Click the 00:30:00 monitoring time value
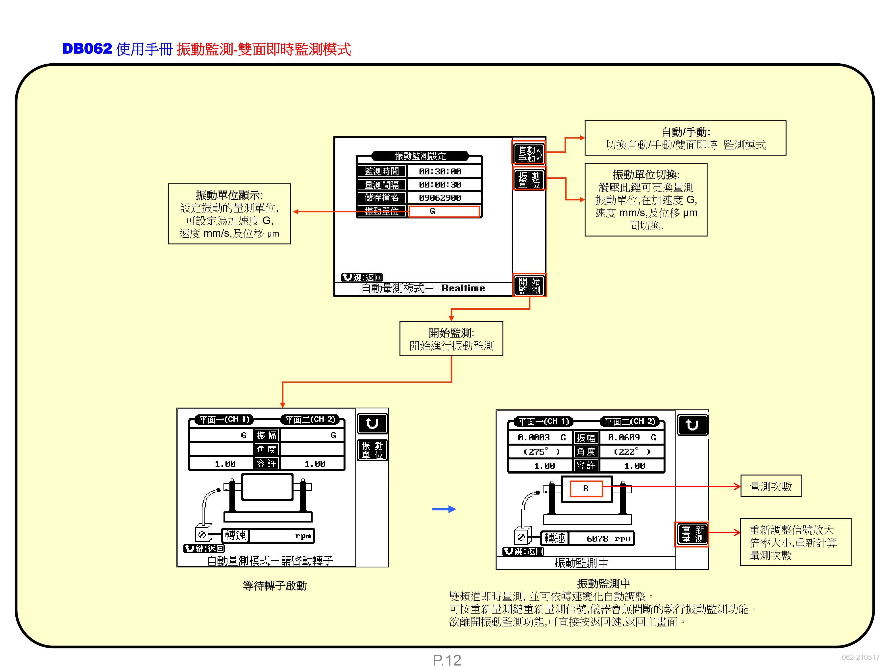coord(440,171)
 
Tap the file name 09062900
coord(440,198)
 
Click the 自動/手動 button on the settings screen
coord(529,153)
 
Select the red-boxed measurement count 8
coord(586,488)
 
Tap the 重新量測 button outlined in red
coord(692,534)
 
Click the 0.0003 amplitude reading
coord(534,437)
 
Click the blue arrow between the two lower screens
coord(444,509)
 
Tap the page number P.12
coord(447,660)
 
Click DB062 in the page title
coord(87,49)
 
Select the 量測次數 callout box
coord(770,486)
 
